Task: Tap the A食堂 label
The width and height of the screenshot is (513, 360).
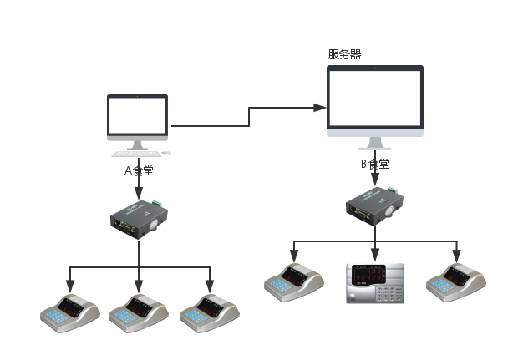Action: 139,170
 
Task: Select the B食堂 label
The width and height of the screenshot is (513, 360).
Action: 374,164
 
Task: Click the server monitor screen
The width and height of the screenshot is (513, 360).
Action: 374,99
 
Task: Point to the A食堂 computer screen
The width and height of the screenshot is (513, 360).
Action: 137,118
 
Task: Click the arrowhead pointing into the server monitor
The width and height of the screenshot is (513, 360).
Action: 320,107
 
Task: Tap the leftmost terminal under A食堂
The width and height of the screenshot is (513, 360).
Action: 69,312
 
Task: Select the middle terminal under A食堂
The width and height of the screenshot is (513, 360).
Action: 139,312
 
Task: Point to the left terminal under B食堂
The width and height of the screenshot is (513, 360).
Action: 293,281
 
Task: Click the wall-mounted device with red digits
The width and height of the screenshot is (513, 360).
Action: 375,284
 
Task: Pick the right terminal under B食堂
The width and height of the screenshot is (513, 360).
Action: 455,281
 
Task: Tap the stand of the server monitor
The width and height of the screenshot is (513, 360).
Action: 374,143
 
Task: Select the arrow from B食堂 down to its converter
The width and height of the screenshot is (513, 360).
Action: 374,178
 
